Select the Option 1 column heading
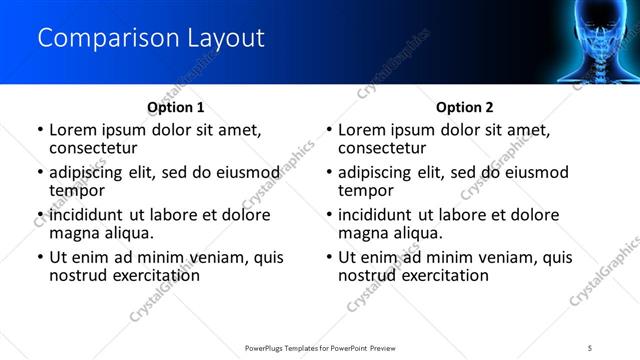click(176, 107)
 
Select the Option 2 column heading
click(465, 107)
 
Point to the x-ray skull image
click(591, 40)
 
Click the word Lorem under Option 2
click(362, 130)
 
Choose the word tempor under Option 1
click(77, 189)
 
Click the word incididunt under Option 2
click(379, 215)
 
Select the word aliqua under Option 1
click(127, 232)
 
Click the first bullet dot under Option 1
click(39, 131)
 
